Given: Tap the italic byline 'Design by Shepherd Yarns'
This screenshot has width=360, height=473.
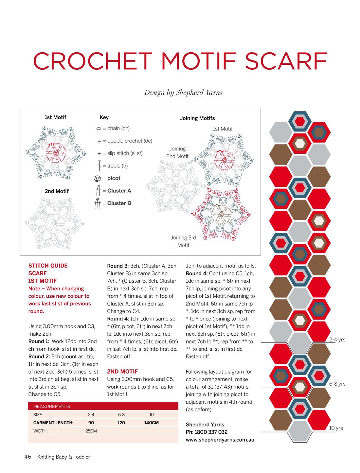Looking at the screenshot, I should point(183,93).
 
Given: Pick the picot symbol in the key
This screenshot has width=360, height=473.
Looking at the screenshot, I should point(97,179).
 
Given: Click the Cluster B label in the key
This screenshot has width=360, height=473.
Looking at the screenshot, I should point(119,203).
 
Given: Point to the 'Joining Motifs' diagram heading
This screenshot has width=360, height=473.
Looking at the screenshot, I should point(197,118).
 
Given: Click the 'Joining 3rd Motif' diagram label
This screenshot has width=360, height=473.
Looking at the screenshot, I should point(183,241).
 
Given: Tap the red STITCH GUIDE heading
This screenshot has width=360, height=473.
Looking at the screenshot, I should point(48,266).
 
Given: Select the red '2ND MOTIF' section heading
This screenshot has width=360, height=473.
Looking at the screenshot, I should point(122,372).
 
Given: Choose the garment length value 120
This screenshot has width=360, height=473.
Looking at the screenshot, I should point(121,423).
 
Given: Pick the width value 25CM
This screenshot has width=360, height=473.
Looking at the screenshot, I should point(91,431).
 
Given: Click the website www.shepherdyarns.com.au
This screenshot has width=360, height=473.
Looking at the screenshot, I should point(220,440).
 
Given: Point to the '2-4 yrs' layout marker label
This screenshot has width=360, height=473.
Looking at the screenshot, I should point(337,340).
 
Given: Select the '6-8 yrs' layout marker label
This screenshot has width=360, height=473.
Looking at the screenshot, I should point(337,384).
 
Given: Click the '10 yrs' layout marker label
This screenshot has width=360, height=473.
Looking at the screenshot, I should point(336,428).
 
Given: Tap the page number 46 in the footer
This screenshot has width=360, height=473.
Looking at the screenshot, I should point(28,457).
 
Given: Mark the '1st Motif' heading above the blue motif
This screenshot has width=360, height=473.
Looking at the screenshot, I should point(55,117).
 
